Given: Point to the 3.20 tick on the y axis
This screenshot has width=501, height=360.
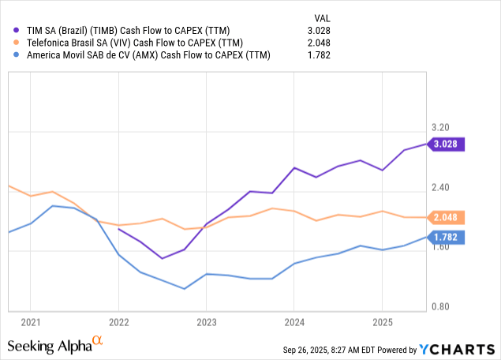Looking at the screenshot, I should tap(443, 127).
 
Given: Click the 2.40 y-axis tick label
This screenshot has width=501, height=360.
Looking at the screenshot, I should tap(443, 187).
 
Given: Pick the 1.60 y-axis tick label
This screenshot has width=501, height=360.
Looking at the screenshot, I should tap(443, 247).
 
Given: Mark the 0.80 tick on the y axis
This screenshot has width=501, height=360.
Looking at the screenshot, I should tap(443, 307).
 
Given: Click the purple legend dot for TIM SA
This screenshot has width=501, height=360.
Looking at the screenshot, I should tap(16, 31).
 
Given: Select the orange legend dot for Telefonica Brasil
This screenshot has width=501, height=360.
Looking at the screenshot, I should tap(16, 43).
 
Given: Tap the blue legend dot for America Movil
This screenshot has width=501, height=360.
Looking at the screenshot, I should tap(16, 55).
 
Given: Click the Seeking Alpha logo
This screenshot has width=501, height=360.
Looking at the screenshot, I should tap(55, 346).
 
